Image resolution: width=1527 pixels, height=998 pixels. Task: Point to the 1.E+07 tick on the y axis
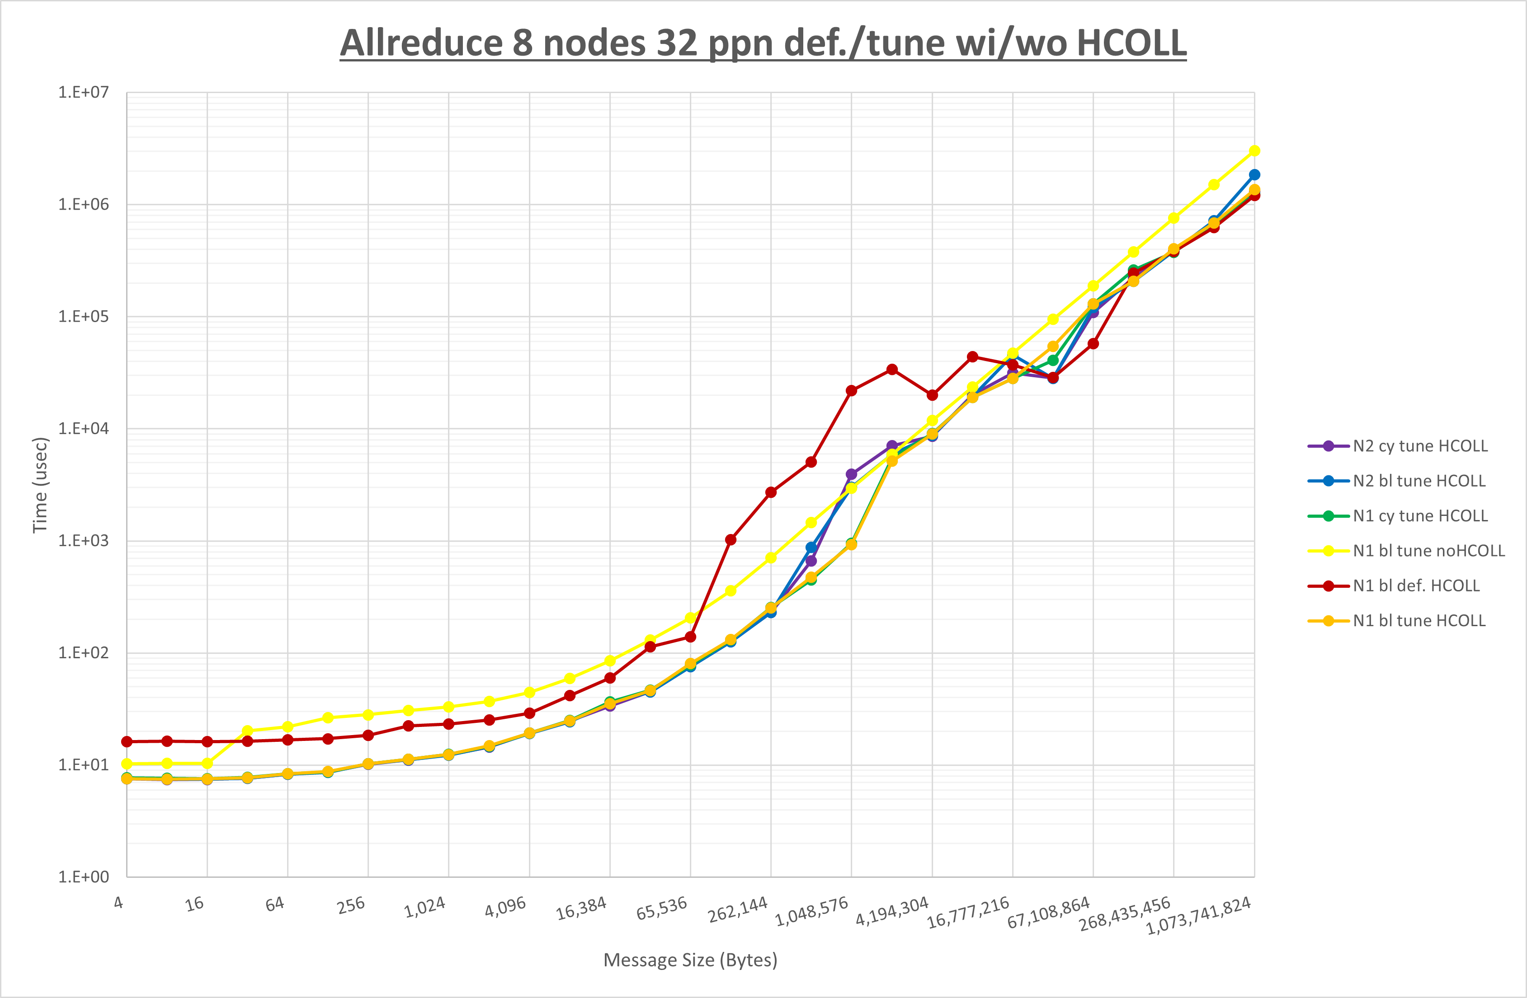84,92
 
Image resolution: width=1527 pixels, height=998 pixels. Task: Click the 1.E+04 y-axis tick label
84,428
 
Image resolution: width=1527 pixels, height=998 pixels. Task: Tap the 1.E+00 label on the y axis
84,877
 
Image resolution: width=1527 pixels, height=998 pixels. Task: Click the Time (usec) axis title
40,485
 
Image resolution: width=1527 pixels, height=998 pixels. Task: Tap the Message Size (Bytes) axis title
690,960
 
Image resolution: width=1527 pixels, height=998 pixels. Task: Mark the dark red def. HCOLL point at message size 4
127,741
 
